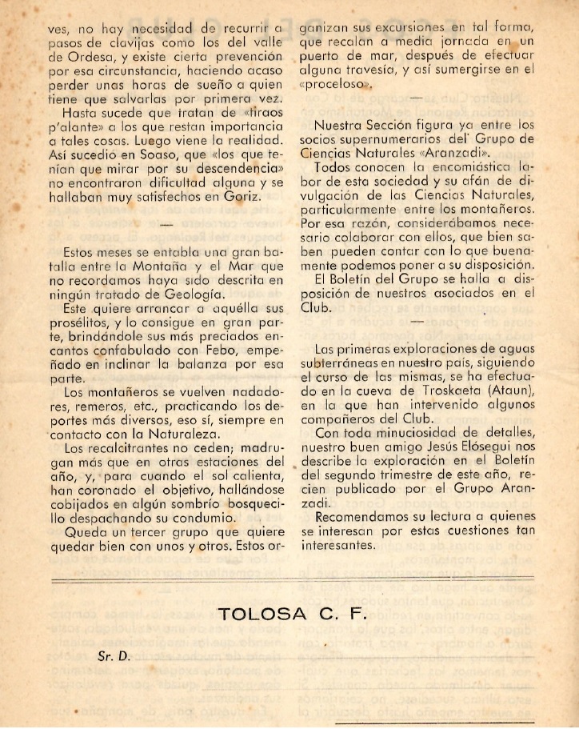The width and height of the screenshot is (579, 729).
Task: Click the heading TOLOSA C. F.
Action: (x=290, y=615)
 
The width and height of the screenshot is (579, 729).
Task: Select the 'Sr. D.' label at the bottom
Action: (x=113, y=655)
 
